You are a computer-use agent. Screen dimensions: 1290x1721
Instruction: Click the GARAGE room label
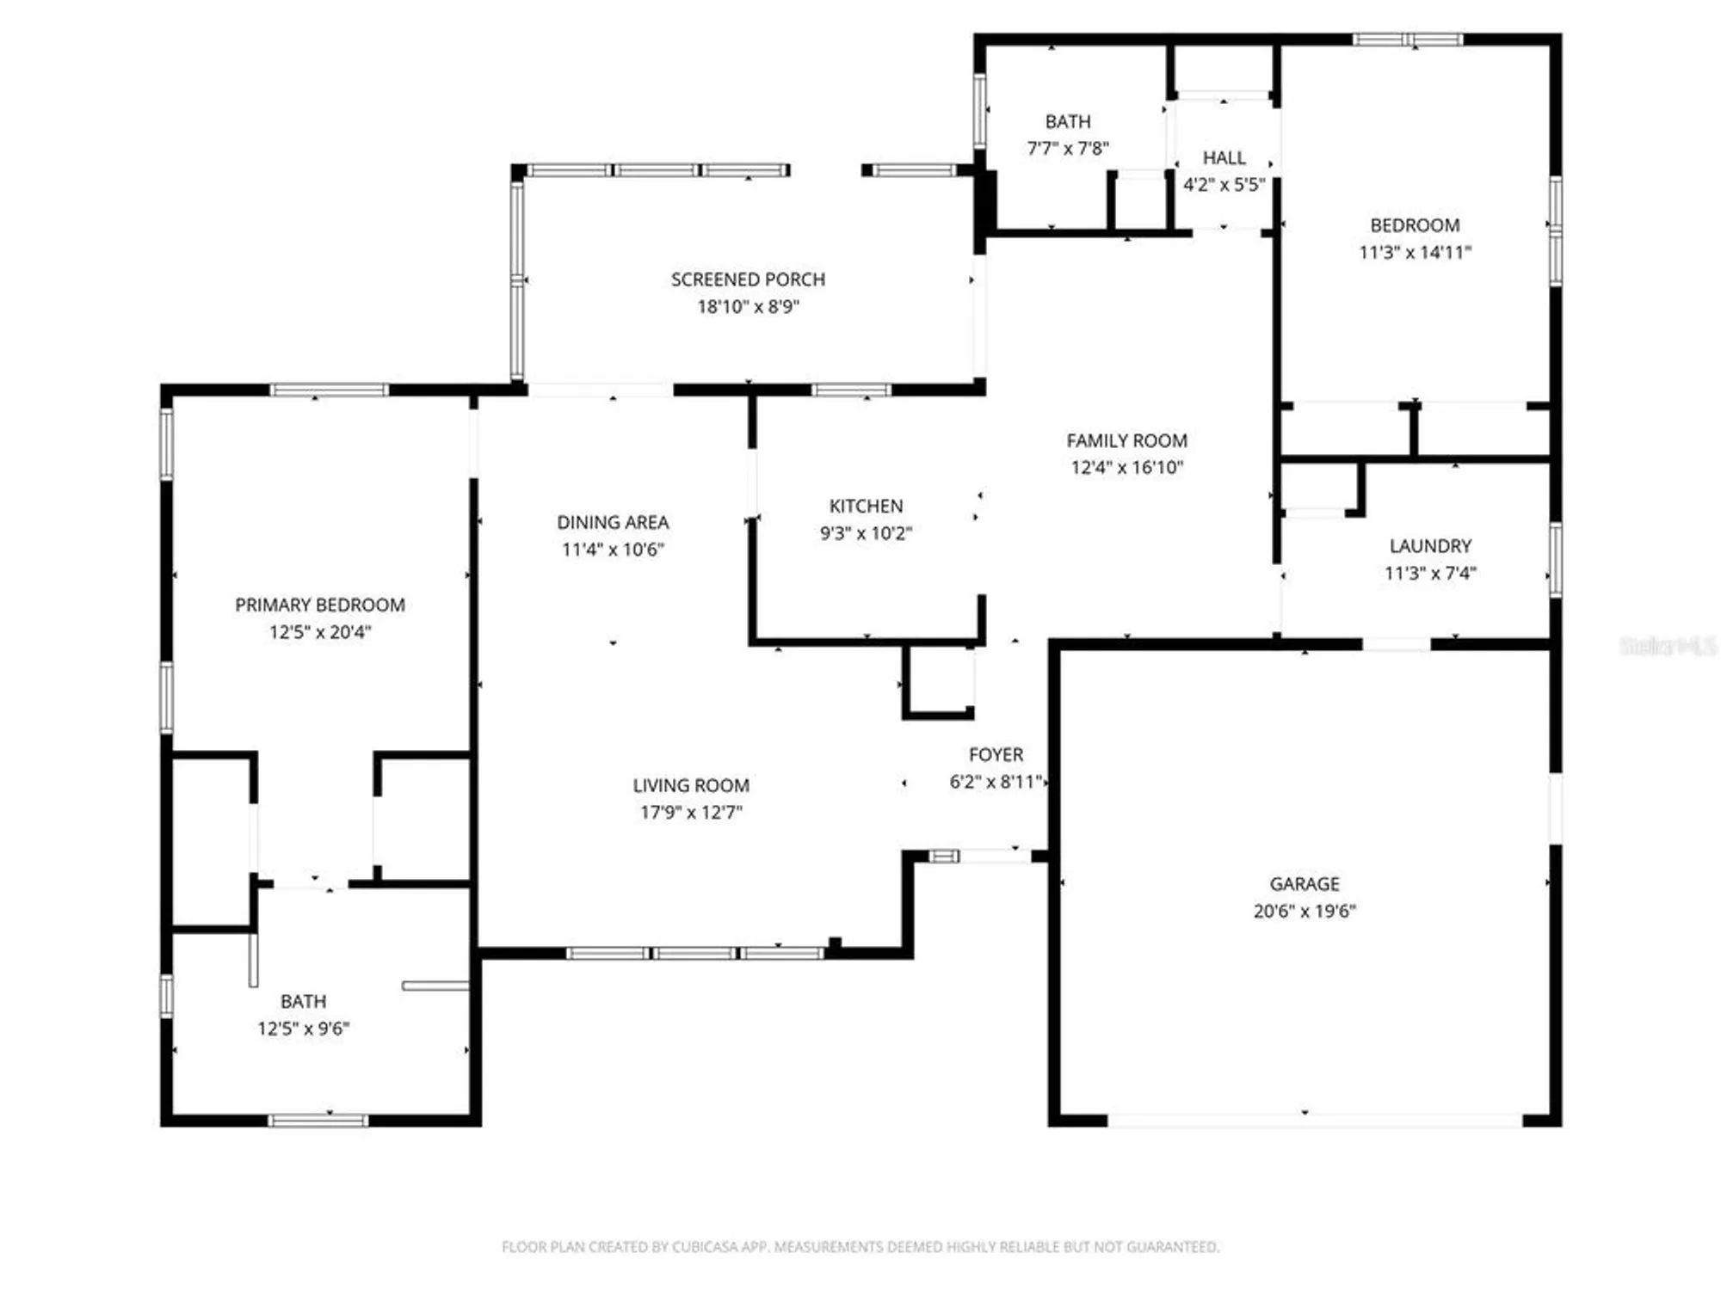pos(1305,883)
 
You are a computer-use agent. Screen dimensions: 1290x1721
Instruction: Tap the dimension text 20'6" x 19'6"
pos(1305,911)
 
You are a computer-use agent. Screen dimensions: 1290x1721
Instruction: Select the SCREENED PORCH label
pos(748,279)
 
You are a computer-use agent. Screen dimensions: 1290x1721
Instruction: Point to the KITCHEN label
pos(866,506)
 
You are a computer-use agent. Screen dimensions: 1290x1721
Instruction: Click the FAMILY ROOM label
pos(1126,440)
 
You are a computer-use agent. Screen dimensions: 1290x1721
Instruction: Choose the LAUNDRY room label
pos(1430,545)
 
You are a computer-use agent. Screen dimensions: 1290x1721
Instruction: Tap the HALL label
pos(1224,157)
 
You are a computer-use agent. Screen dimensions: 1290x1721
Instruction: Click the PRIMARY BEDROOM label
pos(320,605)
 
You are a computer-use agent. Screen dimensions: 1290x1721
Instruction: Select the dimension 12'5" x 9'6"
pos(303,1029)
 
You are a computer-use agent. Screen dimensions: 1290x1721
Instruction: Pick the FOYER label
pos(996,754)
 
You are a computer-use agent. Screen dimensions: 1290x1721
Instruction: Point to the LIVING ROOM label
pos(691,785)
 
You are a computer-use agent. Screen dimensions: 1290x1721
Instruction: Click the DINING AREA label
pos(613,522)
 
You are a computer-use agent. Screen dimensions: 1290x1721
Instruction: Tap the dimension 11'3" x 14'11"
pos(1415,252)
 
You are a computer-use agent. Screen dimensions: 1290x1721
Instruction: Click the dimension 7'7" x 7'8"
pos(1068,148)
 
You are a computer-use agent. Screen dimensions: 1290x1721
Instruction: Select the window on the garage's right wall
pos(1555,808)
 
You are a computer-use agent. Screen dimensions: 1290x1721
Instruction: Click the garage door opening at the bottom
pos(1314,1121)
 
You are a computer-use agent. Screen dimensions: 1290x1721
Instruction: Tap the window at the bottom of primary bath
pos(318,1121)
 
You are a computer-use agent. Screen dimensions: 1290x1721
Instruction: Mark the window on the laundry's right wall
pos(1555,560)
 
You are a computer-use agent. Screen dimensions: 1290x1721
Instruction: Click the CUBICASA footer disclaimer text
pos(860,1246)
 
